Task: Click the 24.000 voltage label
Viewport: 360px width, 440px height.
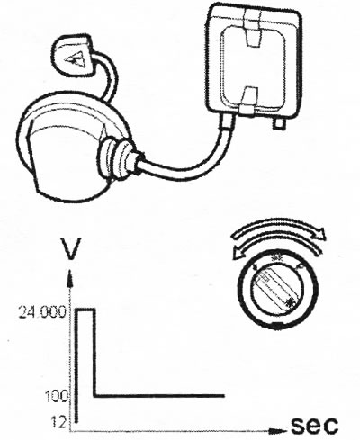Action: click(x=42, y=312)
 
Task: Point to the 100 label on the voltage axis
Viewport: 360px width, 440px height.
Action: click(x=57, y=397)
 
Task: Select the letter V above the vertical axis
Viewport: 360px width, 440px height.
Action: click(x=71, y=248)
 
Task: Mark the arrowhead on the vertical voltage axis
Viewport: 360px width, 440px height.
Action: click(x=70, y=278)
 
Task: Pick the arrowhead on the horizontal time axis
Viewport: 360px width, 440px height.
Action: click(x=277, y=432)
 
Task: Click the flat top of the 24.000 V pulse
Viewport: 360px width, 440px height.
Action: click(x=86, y=310)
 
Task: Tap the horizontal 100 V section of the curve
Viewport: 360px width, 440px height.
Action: click(x=159, y=396)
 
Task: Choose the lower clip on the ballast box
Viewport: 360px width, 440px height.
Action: click(x=248, y=102)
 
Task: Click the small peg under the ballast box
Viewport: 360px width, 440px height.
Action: click(x=278, y=123)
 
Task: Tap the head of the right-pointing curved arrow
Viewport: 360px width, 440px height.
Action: click(x=320, y=233)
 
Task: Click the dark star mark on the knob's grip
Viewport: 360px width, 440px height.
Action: click(x=290, y=302)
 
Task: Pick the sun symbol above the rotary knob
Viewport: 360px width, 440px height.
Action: click(x=275, y=256)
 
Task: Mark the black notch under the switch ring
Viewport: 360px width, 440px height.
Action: click(x=276, y=323)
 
